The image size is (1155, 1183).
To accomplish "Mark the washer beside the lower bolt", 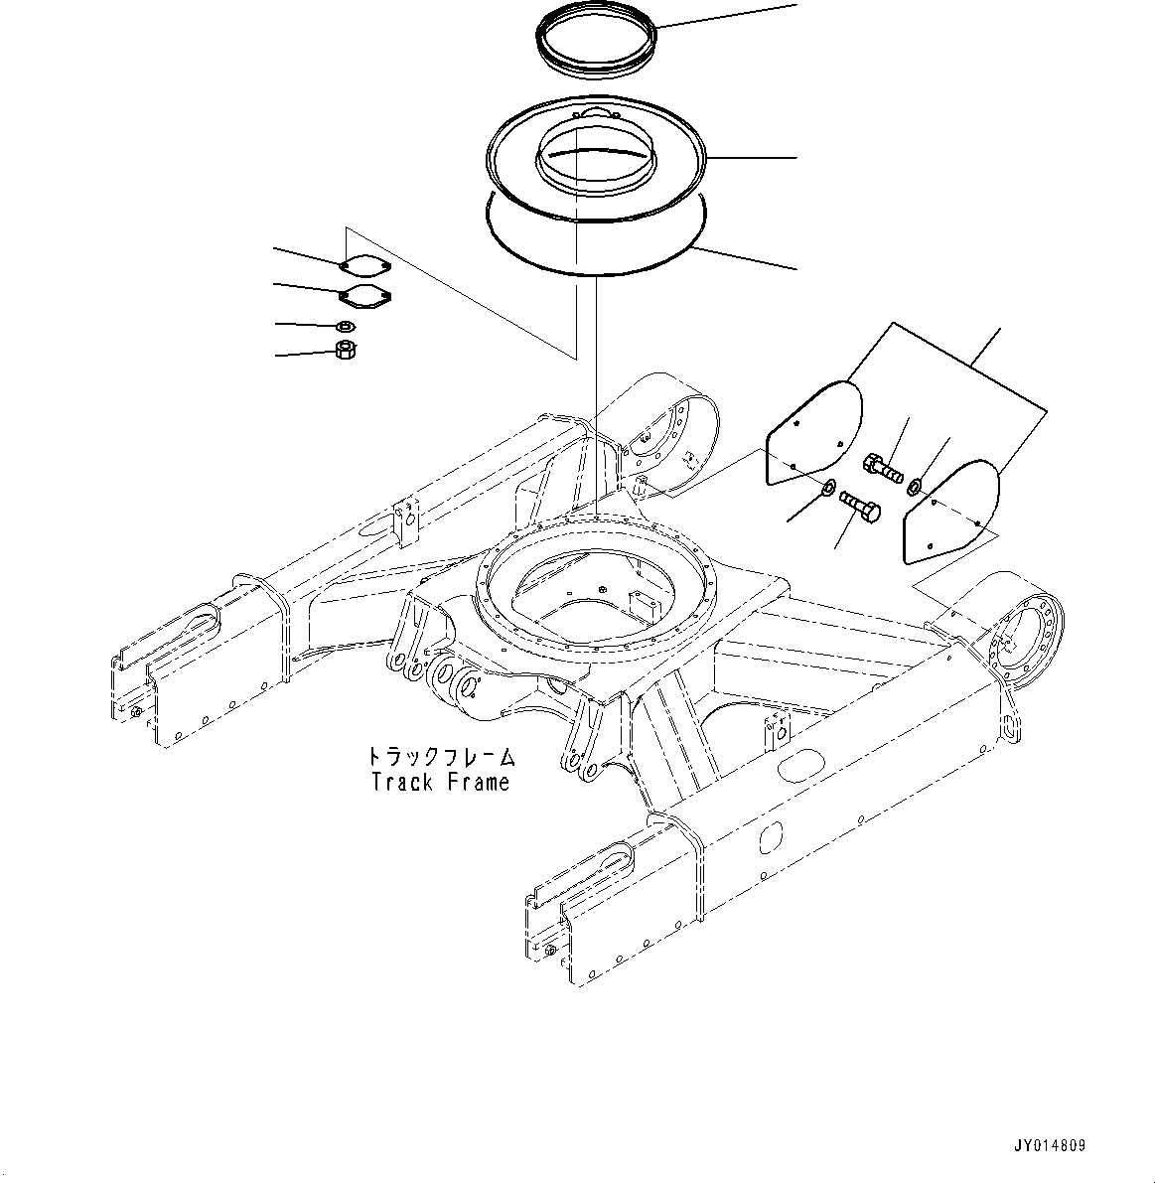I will point(826,487).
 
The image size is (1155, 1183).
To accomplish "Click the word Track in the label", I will point(402,782).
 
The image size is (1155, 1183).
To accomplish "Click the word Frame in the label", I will point(478,782).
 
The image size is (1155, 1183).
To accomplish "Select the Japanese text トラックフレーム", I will point(441,757).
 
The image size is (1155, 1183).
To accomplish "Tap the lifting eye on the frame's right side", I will point(1009,730).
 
